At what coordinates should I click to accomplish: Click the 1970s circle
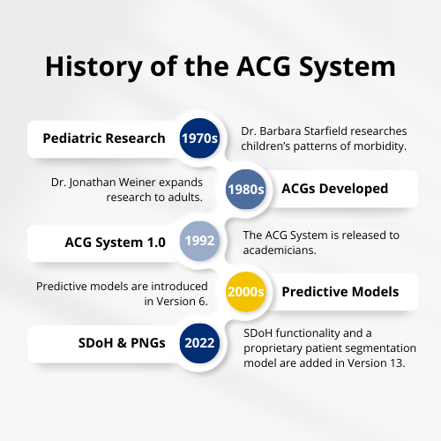pos(199,138)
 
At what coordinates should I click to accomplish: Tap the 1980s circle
pos(246,189)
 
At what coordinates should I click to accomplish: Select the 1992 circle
pos(199,241)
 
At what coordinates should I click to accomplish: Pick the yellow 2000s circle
pos(246,292)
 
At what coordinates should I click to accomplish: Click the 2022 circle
pos(199,343)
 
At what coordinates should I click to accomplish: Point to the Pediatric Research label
pos(104,138)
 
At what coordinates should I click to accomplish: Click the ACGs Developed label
pos(335,189)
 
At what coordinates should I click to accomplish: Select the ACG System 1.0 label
pos(115,243)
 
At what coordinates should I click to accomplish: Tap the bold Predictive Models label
pos(340,292)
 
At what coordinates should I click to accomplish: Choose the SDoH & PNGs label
pos(122,343)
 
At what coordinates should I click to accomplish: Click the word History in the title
pos(94,67)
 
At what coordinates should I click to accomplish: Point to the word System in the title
pos(348,68)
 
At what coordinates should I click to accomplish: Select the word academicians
pos(280,250)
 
